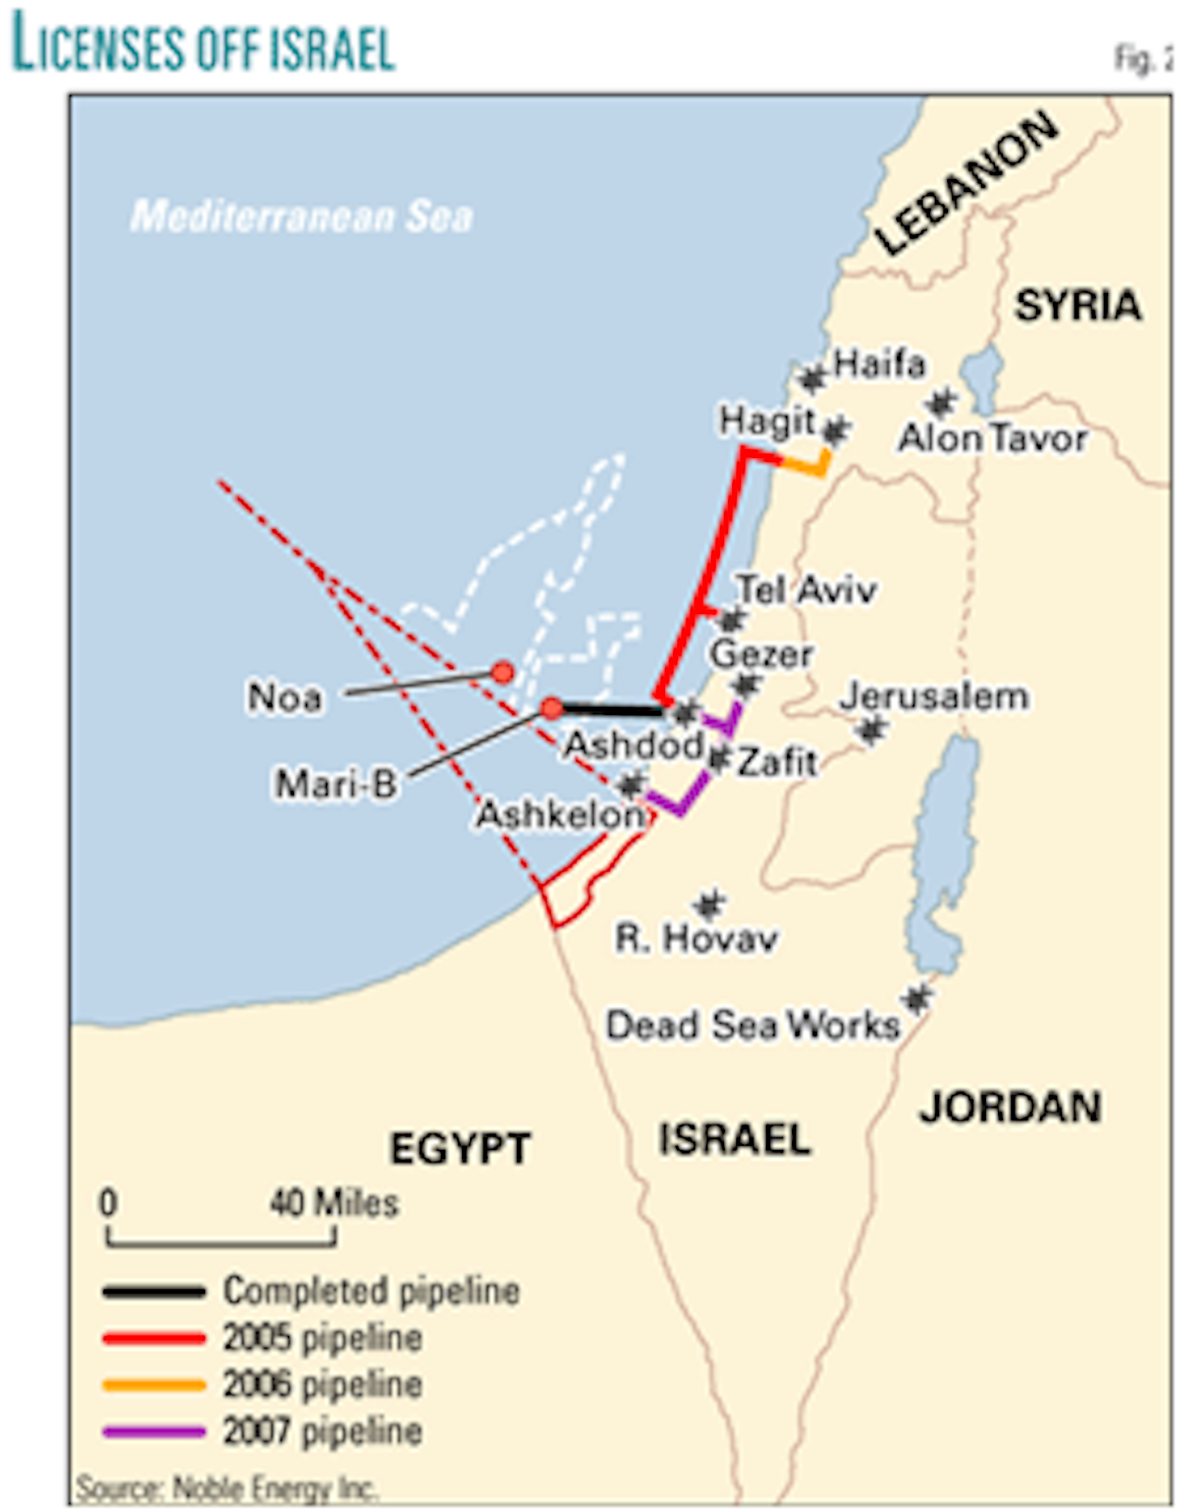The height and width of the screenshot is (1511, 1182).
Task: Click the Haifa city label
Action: click(879, 364)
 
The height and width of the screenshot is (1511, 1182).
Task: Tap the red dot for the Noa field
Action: click(502, 673)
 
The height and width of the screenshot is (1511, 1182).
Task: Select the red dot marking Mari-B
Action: click(552, 708)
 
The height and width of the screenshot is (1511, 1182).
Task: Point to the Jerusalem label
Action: click(933, 697)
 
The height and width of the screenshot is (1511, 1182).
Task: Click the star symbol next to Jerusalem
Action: click(872, 728)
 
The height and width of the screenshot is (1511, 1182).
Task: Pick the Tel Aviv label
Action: click(806, 590)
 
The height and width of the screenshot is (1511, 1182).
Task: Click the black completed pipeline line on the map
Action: click(612, 709)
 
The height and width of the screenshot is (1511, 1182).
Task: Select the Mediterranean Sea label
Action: click(301, 217)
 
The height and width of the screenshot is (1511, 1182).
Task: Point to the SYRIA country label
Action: click(1078, 306)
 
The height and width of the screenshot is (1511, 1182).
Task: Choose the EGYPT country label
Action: click(460, 1148)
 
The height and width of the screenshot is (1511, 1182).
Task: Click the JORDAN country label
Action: click(1010, 1107)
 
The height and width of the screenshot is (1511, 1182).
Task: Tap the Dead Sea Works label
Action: click(752, 1026)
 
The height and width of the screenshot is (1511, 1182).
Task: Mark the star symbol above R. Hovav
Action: click(708, 905)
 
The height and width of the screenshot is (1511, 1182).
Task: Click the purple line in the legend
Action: click(153, 1432)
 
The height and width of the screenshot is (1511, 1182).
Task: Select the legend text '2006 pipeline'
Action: click(323, 1385)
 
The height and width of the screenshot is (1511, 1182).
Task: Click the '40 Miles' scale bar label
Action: click(333, 1204)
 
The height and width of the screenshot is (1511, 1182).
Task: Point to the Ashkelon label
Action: click(561, 815)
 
